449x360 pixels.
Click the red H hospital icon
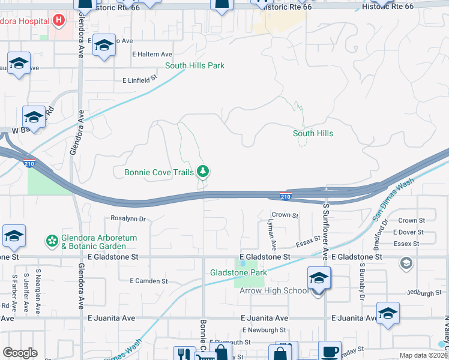click(58, 21)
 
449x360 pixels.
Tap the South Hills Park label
click(195, 65)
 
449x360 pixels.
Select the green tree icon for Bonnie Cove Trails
click(203, 172)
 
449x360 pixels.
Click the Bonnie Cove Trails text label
click(159, 173)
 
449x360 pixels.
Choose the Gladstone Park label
click(238, 272)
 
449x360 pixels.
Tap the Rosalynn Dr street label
click(128, 219)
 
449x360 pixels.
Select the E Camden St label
click(149, 281)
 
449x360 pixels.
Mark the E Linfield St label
click(139, 79)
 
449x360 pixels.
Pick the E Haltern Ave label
click(152, 54)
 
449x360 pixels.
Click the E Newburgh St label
click(264, 330)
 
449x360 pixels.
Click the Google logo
click(20, 353)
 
